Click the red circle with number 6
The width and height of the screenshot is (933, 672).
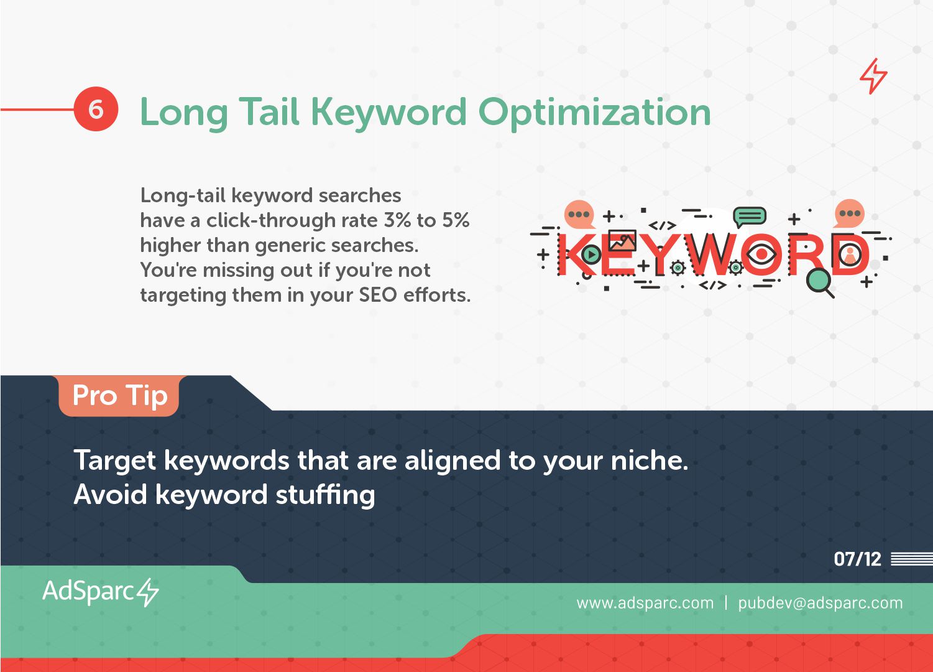coord(96,109)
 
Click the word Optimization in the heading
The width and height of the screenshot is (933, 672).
coord(595,113)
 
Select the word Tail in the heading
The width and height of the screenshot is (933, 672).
coord(269,111)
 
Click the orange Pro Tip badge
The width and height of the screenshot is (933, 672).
coord(119,396)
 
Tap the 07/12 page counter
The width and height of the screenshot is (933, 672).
coord(858,559)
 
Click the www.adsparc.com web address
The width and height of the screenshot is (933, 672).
coord(645,603)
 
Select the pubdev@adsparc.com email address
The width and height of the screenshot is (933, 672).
coord(820,603)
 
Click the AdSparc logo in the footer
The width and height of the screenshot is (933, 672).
coord(101,592)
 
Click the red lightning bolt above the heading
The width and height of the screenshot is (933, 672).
coord(873,76)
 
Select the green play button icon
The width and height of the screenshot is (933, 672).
coord(591,254)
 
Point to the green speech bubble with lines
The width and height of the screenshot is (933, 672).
coord(749,217)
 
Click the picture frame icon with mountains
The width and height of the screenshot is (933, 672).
coord(622,241)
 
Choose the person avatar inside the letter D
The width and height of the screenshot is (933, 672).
coord(850,255)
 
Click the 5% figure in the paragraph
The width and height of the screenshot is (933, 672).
coord(456,220)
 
